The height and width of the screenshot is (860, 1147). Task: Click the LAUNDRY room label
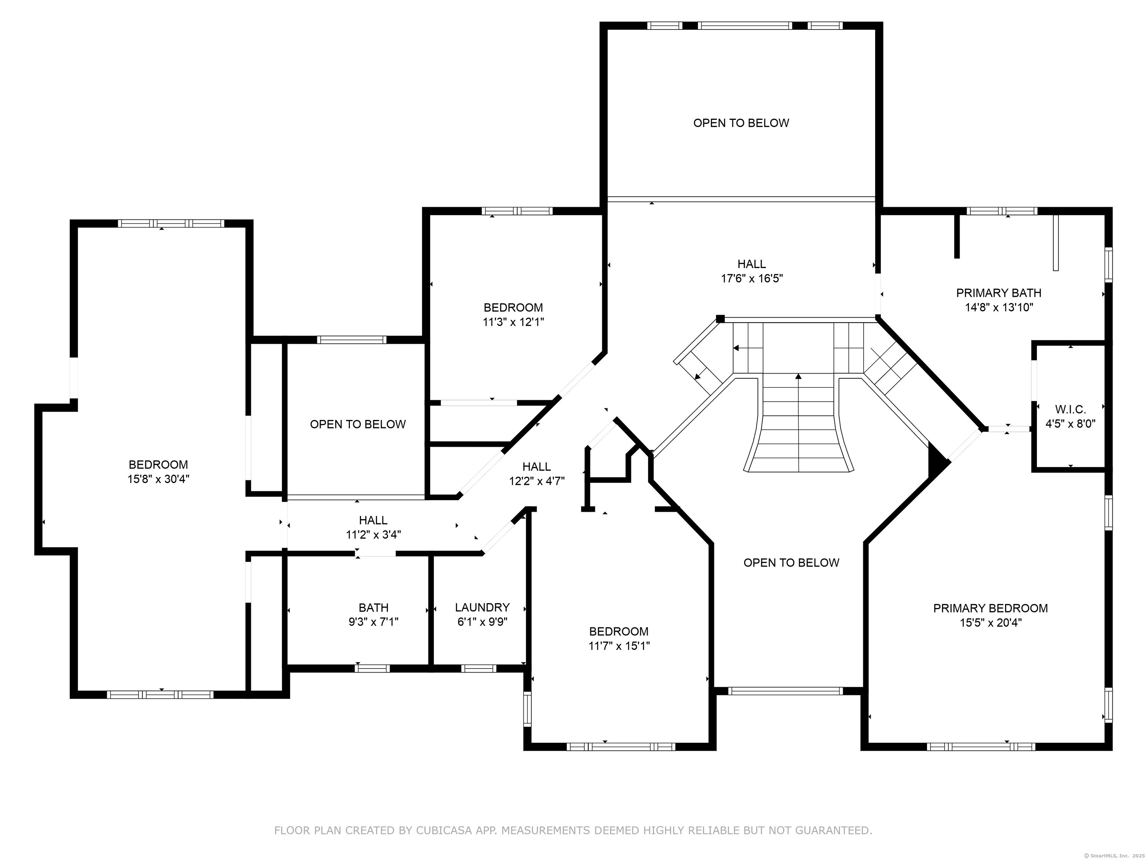click(x=482, y=607)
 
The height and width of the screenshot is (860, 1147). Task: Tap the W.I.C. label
click(x=1070, y=409)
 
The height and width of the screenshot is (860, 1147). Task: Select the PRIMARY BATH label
click(x=999, y=293)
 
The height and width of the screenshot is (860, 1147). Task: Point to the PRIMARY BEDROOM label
click(x=991, y=608)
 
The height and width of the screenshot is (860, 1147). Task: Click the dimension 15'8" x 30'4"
click(x=159, y=479)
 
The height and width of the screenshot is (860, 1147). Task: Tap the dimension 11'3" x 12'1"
click(x=513, y=322)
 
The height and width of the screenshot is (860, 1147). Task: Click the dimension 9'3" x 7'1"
click(x=373, y=621)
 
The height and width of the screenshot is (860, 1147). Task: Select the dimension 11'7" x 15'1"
click(x=619, y=646)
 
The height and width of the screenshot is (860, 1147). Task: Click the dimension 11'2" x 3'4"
click(x=373, y=535)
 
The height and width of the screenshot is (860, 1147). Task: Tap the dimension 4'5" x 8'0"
click(x=1070, y=424)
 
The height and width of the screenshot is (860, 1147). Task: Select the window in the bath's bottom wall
click(x=372, y=668)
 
